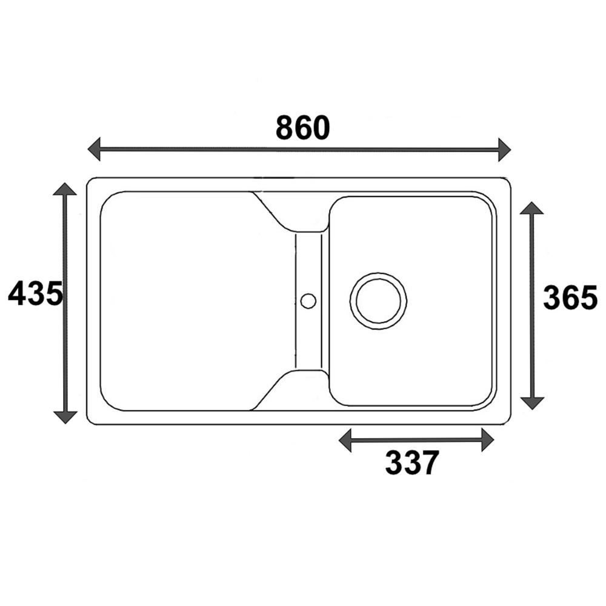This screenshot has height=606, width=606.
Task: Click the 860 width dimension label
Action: (302, 127)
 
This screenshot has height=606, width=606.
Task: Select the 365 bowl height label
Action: (570, 297)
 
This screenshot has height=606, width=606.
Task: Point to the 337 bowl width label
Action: (412, 462)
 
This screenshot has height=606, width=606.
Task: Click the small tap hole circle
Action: (308, 301)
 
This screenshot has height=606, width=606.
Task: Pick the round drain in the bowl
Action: (378, 301)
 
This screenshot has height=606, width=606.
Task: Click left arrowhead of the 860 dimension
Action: (94, 149)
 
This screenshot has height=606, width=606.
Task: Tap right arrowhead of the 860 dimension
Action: (504, 149)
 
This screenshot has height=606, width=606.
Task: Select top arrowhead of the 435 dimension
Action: (65, 188)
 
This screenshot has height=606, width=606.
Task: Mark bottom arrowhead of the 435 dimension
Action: (65, 418)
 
